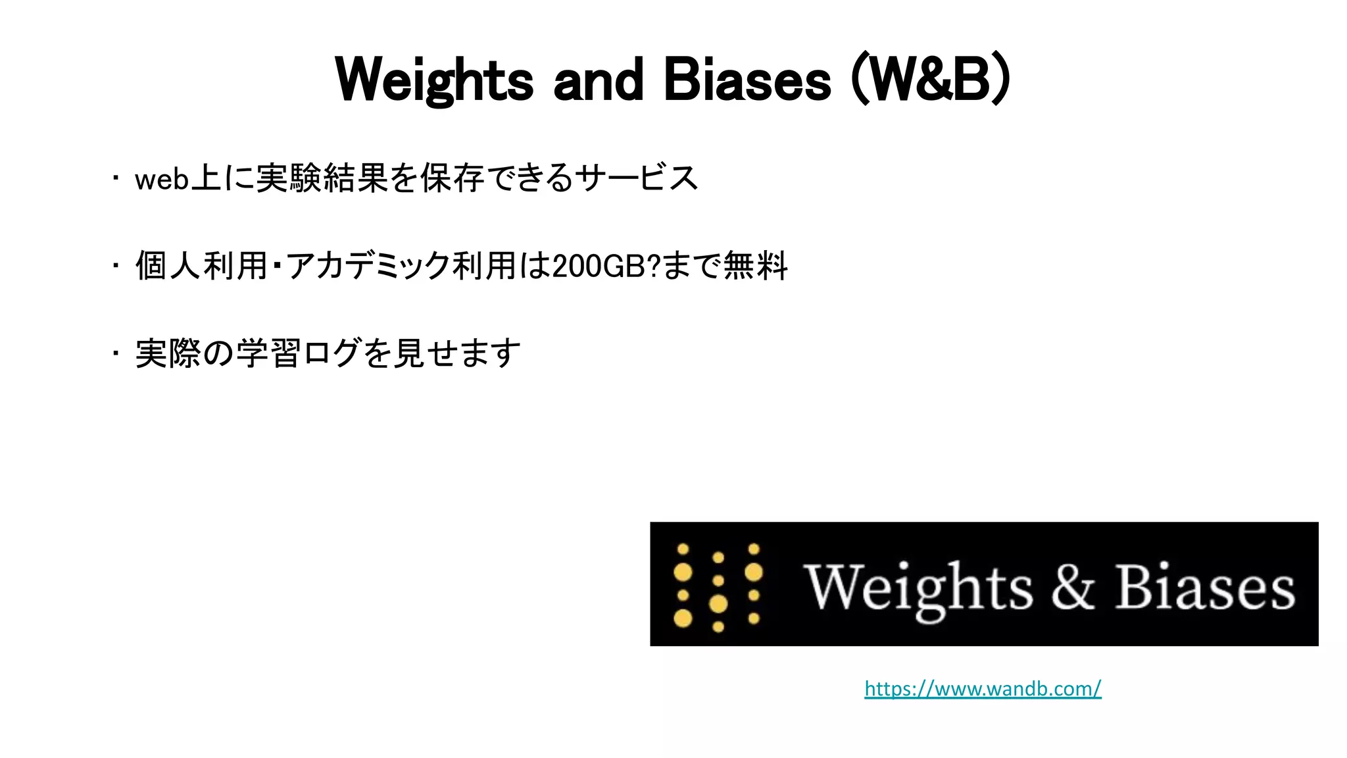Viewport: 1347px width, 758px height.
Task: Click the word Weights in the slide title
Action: (434, 80)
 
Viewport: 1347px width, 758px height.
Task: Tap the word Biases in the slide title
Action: (747, 80)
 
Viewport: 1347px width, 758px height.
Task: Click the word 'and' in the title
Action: (598, 80)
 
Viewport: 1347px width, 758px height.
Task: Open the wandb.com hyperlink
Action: (983, 689)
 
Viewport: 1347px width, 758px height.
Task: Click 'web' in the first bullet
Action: (162, 179)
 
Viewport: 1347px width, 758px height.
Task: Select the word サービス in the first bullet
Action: (635, 178)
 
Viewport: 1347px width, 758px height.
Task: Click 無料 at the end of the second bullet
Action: (755, 266)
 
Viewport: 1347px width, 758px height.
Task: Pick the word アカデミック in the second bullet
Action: (368, 266)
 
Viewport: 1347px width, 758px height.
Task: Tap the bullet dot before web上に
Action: (115, 178)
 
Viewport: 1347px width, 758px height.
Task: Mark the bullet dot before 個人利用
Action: (115, 266)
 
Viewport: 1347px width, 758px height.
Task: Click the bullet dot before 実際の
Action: (115, 353)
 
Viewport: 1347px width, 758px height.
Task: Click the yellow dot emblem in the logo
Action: (718, 585)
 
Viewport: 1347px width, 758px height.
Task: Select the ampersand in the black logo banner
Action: (1072, 586)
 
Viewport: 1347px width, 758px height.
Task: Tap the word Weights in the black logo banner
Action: (918, 588)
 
